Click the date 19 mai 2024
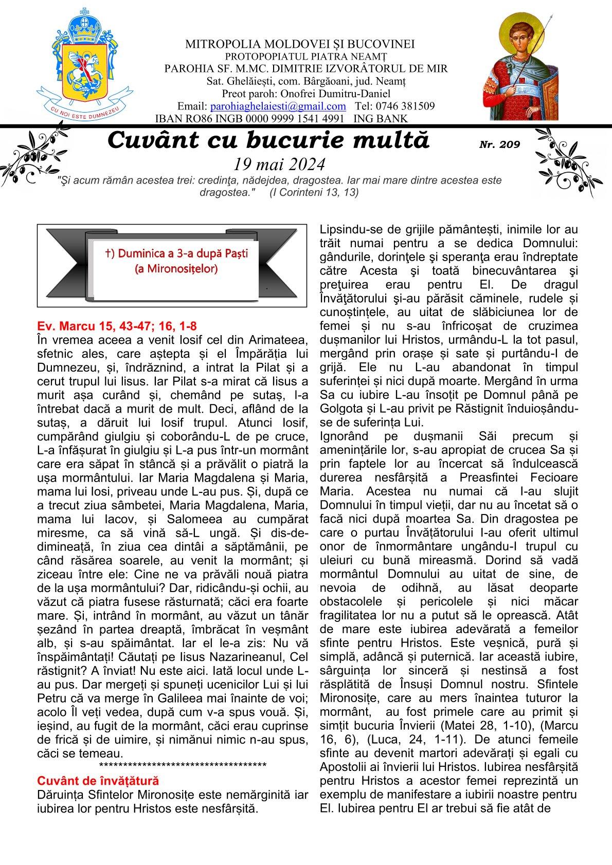coord(279,164)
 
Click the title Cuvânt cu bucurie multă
coord(268,140)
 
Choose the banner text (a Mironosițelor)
coord(176,268)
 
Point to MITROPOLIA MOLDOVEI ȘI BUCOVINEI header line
coord(300,45)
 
